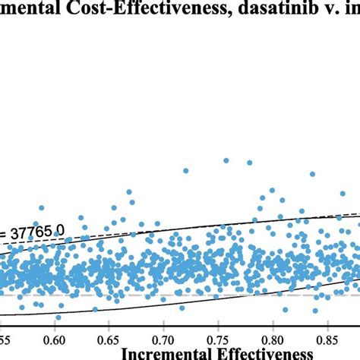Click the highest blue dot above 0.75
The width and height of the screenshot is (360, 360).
click(x=226, y=160)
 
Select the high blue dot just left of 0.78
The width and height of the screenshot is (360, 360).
click(x=248, y=163)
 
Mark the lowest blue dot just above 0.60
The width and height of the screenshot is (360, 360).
click(x=58, y=317)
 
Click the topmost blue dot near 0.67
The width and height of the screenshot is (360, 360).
click(x=130, y=191)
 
